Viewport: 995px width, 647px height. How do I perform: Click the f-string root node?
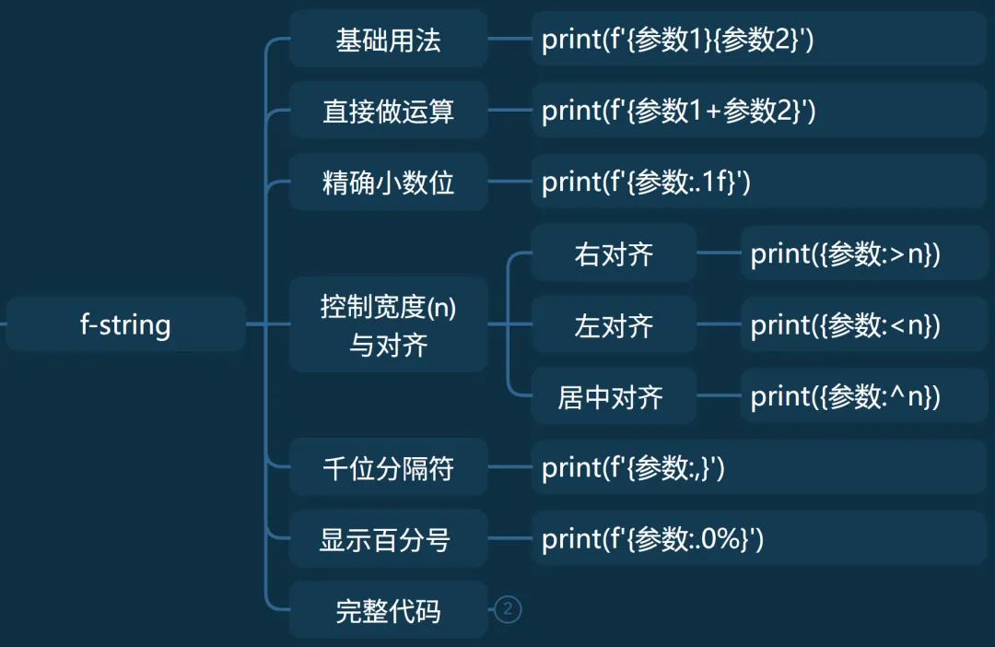(125, 324)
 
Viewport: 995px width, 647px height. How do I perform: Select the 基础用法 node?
(388, 40)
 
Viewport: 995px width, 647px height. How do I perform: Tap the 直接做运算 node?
(388, 112)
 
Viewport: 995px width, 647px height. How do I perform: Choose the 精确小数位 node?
(388, 182)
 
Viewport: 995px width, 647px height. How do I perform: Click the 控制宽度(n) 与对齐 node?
(388, 324)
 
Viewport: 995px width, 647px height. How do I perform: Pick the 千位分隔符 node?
(388, 468)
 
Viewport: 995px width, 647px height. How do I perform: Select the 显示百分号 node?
(388, 539)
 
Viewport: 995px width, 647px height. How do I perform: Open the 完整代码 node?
(388, 610)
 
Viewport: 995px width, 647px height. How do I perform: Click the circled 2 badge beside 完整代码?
(508, 609)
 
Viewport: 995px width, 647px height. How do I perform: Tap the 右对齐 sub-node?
(614, 253)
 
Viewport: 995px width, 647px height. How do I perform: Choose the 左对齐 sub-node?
(614, 324)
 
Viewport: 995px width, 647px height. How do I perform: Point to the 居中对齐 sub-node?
(614, 396)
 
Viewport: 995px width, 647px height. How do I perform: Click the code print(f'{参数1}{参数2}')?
(677, 40)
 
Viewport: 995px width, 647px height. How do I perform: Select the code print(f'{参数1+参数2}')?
(679, 112)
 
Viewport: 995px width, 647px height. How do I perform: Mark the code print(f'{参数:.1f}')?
(647, 182)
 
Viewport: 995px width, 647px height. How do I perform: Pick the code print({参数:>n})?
(846, 253)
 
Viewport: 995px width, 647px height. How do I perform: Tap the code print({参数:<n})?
(846, 324)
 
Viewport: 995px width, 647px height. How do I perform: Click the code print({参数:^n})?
(846, 396)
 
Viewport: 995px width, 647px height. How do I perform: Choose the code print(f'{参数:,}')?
(634, 468)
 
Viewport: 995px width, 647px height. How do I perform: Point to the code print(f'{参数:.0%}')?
(653, 539)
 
